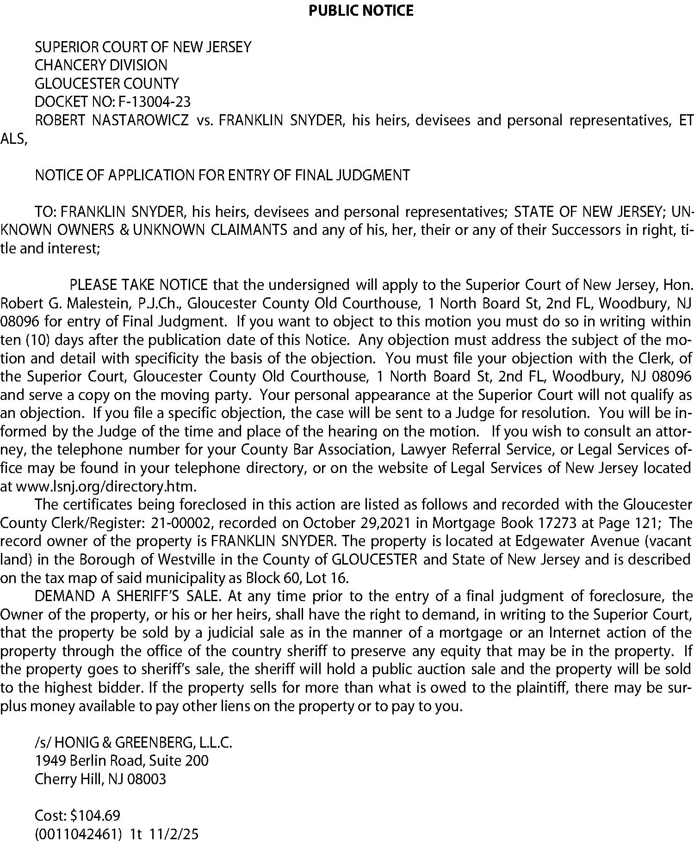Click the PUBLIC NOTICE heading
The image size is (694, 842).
361,10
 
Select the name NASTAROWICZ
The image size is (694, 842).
140,120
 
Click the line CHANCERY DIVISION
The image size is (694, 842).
101,65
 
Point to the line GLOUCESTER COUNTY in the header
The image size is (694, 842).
106,84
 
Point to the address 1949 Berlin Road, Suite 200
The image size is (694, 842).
122,761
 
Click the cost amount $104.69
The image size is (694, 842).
95,816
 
